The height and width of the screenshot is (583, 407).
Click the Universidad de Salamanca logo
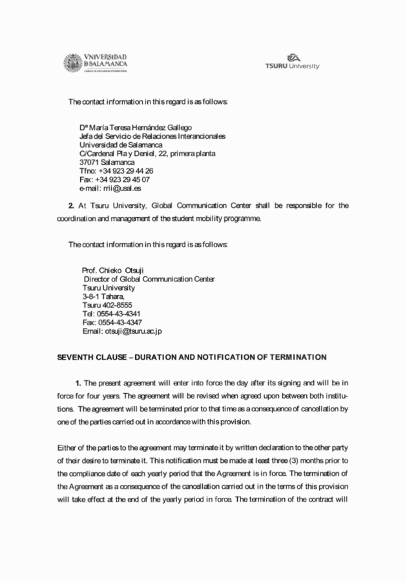[95, 63]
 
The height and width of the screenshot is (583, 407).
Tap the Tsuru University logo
[292, 62]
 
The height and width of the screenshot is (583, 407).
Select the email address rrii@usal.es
[119, 189]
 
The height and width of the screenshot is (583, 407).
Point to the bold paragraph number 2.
[71, 205]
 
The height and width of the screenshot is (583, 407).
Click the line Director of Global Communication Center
[149, 278]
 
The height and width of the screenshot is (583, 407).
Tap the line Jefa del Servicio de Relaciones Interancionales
[152, 136]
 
